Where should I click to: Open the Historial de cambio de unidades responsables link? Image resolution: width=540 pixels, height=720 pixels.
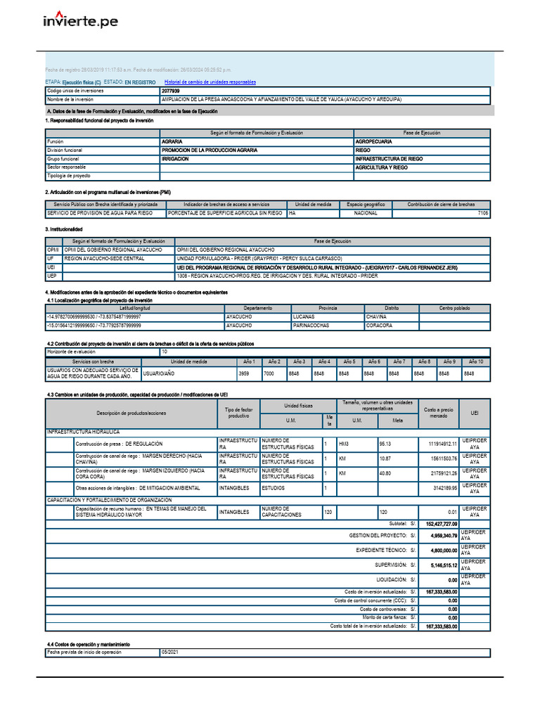(x=210, y=82)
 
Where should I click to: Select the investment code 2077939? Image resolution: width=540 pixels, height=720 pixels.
(x=170, y=91)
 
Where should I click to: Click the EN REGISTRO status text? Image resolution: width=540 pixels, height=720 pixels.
(x=140, y=82)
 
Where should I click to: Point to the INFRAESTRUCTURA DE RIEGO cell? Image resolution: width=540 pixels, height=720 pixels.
(x=389, y=159)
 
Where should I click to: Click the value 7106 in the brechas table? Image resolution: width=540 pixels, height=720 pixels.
(x=482, y=212)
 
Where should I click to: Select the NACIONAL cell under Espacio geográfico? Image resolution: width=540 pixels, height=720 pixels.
(x=366, y=212)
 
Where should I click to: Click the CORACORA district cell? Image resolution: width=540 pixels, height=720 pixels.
(x=379, y=326)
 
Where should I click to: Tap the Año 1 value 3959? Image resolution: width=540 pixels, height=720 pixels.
(x=245, y=374)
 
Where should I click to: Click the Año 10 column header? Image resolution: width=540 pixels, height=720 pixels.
(x=476, y=361)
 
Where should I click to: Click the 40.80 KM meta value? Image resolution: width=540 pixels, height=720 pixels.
(x=385, y=473)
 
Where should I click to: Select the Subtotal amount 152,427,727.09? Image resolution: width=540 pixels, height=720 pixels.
(x=441, y=524)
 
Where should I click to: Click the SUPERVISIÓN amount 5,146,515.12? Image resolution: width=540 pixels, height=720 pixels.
(x=444, y=565)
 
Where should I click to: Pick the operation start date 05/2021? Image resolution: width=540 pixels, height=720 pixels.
(x=170, y=652)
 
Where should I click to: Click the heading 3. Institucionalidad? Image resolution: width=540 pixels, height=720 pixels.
(x=64, y=229)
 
